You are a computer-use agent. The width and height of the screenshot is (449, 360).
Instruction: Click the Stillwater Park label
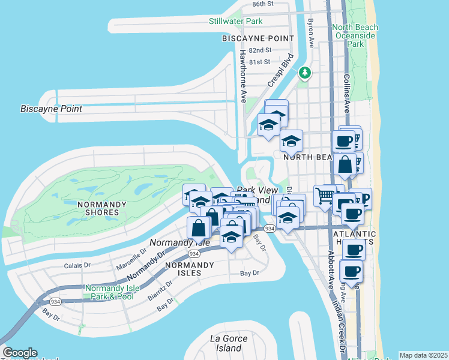(236, 22)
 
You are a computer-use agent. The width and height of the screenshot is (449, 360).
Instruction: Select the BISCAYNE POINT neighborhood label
(258, 38)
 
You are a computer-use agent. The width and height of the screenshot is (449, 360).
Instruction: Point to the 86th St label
(262, 4)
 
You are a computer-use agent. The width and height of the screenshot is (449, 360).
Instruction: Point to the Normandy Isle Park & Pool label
(112, 292)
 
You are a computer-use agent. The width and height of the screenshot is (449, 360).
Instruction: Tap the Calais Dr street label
(77, 265)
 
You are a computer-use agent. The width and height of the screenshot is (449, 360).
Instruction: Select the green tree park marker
(306, 73)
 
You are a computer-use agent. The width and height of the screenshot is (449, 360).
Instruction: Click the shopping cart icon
(325, 196)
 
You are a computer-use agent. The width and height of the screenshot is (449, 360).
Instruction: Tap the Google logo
(19, 353)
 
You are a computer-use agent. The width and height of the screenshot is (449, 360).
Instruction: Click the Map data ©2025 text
(423, 355)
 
